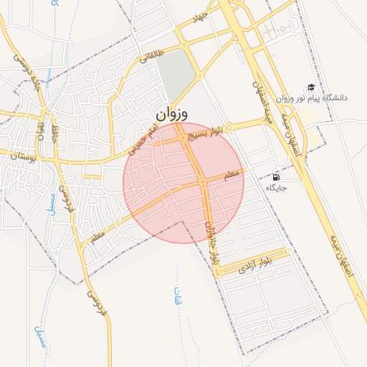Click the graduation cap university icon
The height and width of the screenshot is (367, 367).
pyautogui.click(x=310, y=85)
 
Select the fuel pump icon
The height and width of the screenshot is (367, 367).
pyautogui.click(x=276, y=176)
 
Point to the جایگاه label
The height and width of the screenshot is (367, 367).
pyautogui.click(x=277, y=189)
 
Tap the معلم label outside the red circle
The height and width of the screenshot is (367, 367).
pyautogui.click(x=94, y=235)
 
